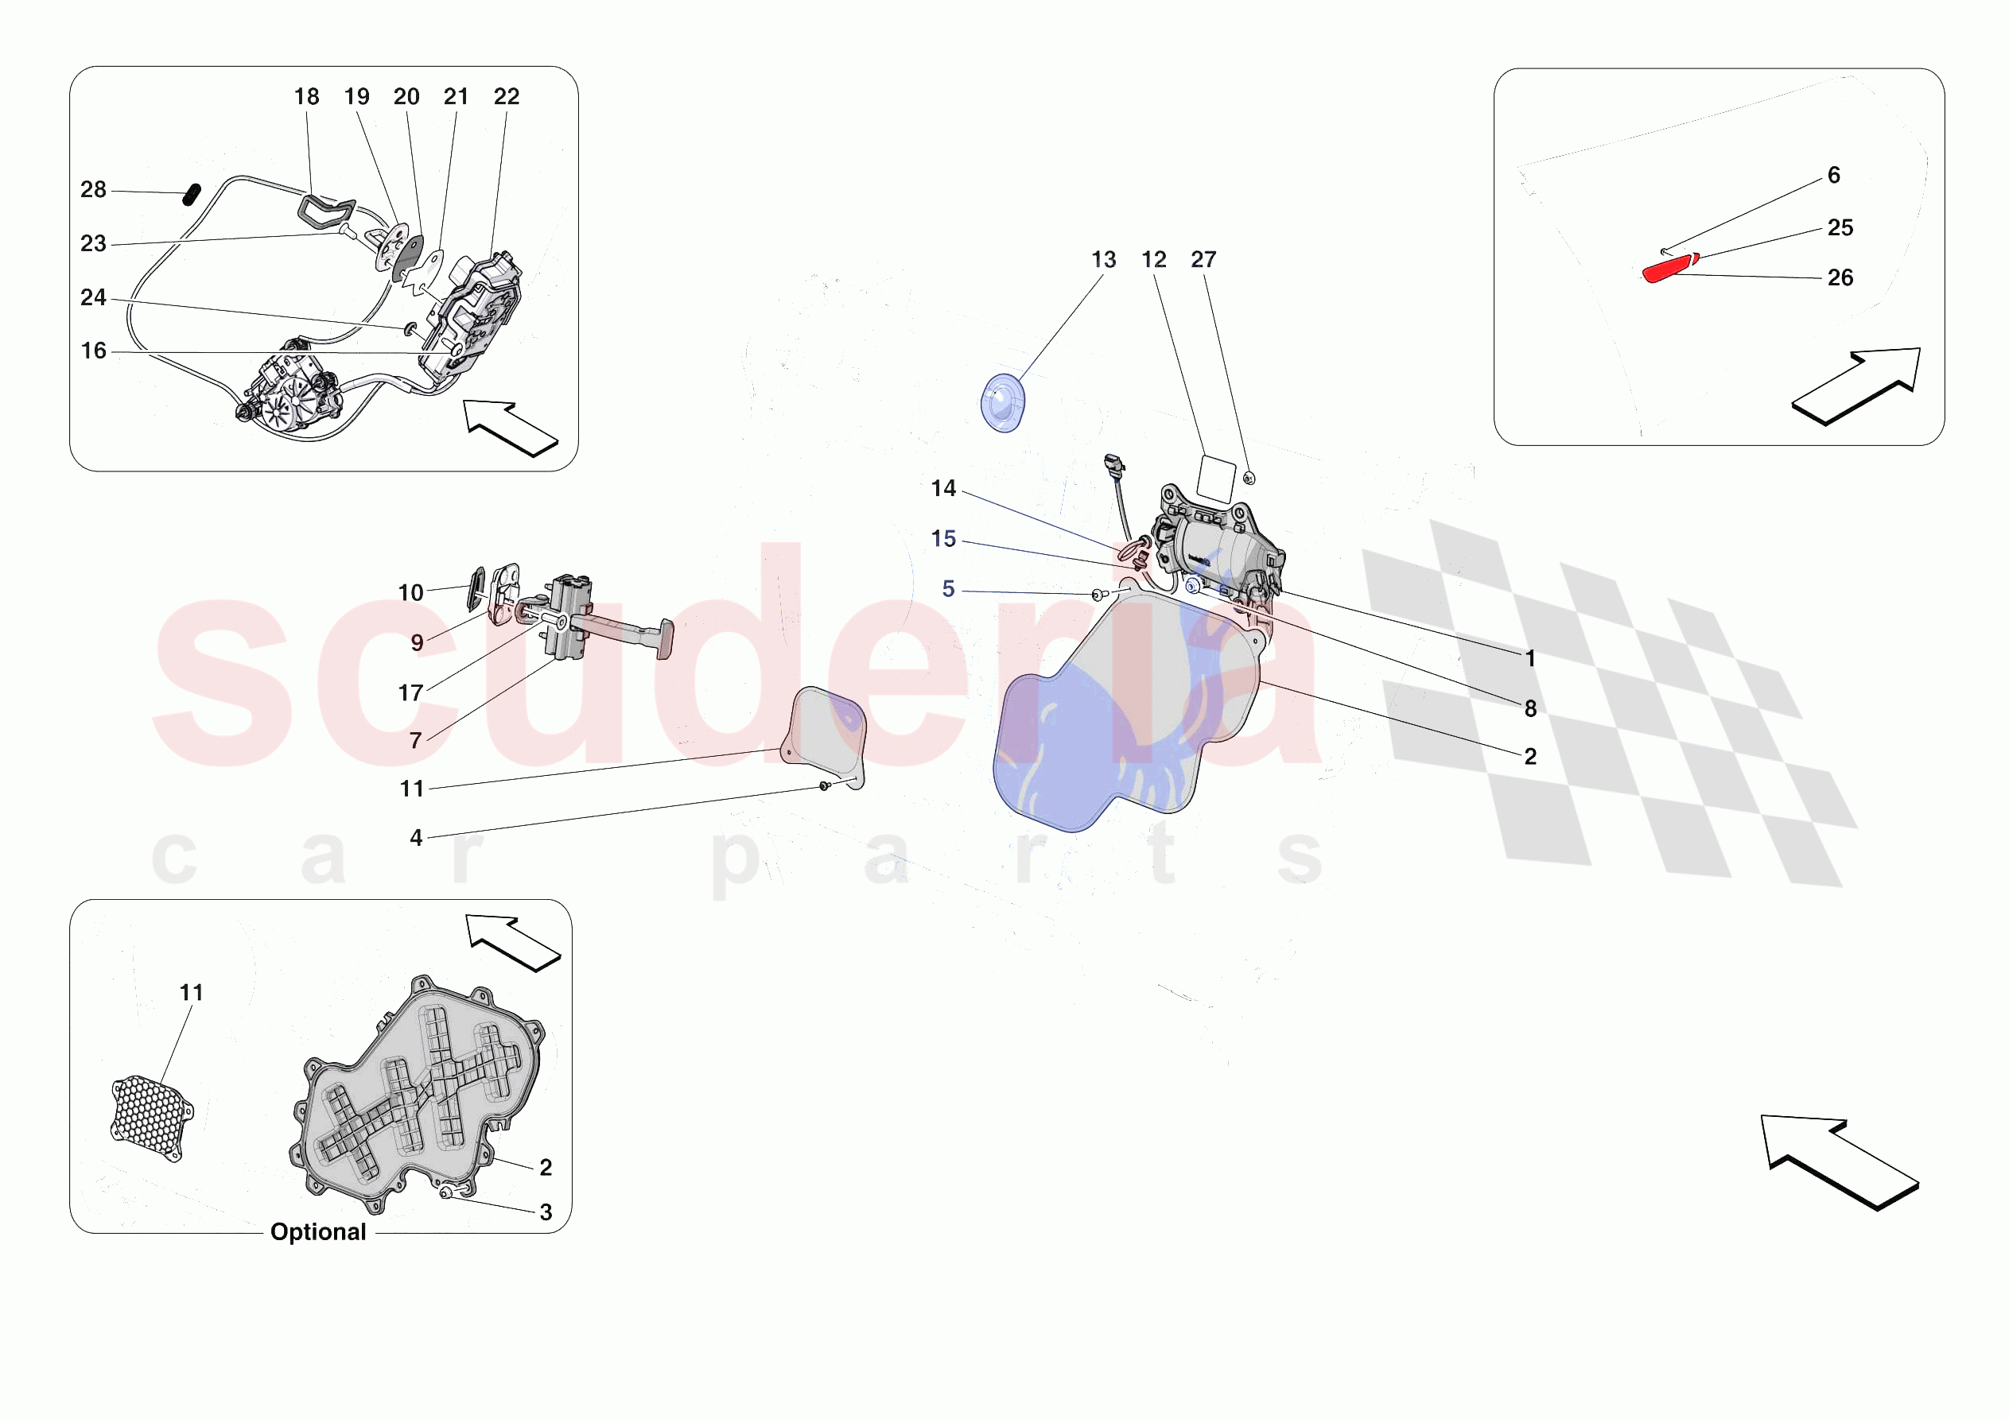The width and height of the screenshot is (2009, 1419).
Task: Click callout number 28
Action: tap(93, 190)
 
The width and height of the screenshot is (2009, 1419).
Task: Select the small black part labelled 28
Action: tap(191, 194)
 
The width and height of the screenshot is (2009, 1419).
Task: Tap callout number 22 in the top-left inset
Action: tap(506, 96)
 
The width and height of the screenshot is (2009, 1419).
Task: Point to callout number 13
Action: tap(1103, 260)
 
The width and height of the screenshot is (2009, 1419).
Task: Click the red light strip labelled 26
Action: tap(1666, 269)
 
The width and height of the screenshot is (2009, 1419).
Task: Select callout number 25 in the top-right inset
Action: tap(1840, 227)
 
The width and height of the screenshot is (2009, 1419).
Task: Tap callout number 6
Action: tap(1834, 175)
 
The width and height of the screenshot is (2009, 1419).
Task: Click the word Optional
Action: tap(317, 1231)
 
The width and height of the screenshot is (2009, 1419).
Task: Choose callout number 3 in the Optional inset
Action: tap(545, 1212)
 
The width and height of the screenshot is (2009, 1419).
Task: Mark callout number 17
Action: tap(410, 693)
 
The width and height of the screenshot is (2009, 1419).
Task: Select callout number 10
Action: tap(410, 593)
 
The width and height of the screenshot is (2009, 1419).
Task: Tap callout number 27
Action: tap(1203, 260)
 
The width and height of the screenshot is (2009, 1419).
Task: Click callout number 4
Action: tap(416, 838)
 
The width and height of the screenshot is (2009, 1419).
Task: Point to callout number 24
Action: tap(93, 297)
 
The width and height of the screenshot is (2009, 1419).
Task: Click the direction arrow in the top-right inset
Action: tap(1859, 385)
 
